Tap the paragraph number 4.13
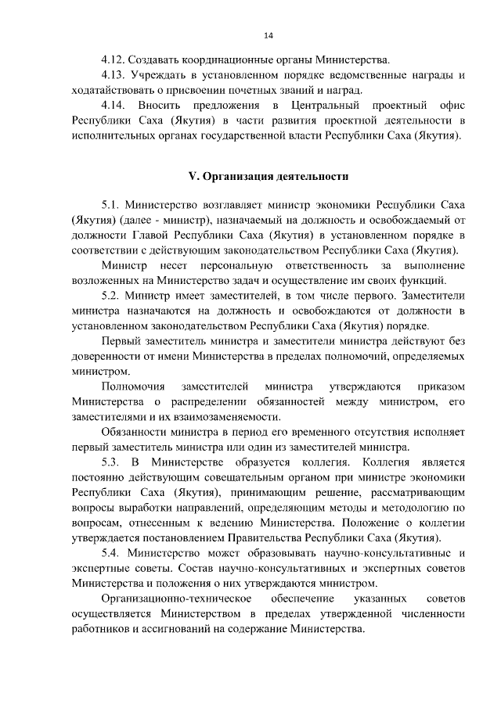coord(114,75)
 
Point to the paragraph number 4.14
coord(114,105)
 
